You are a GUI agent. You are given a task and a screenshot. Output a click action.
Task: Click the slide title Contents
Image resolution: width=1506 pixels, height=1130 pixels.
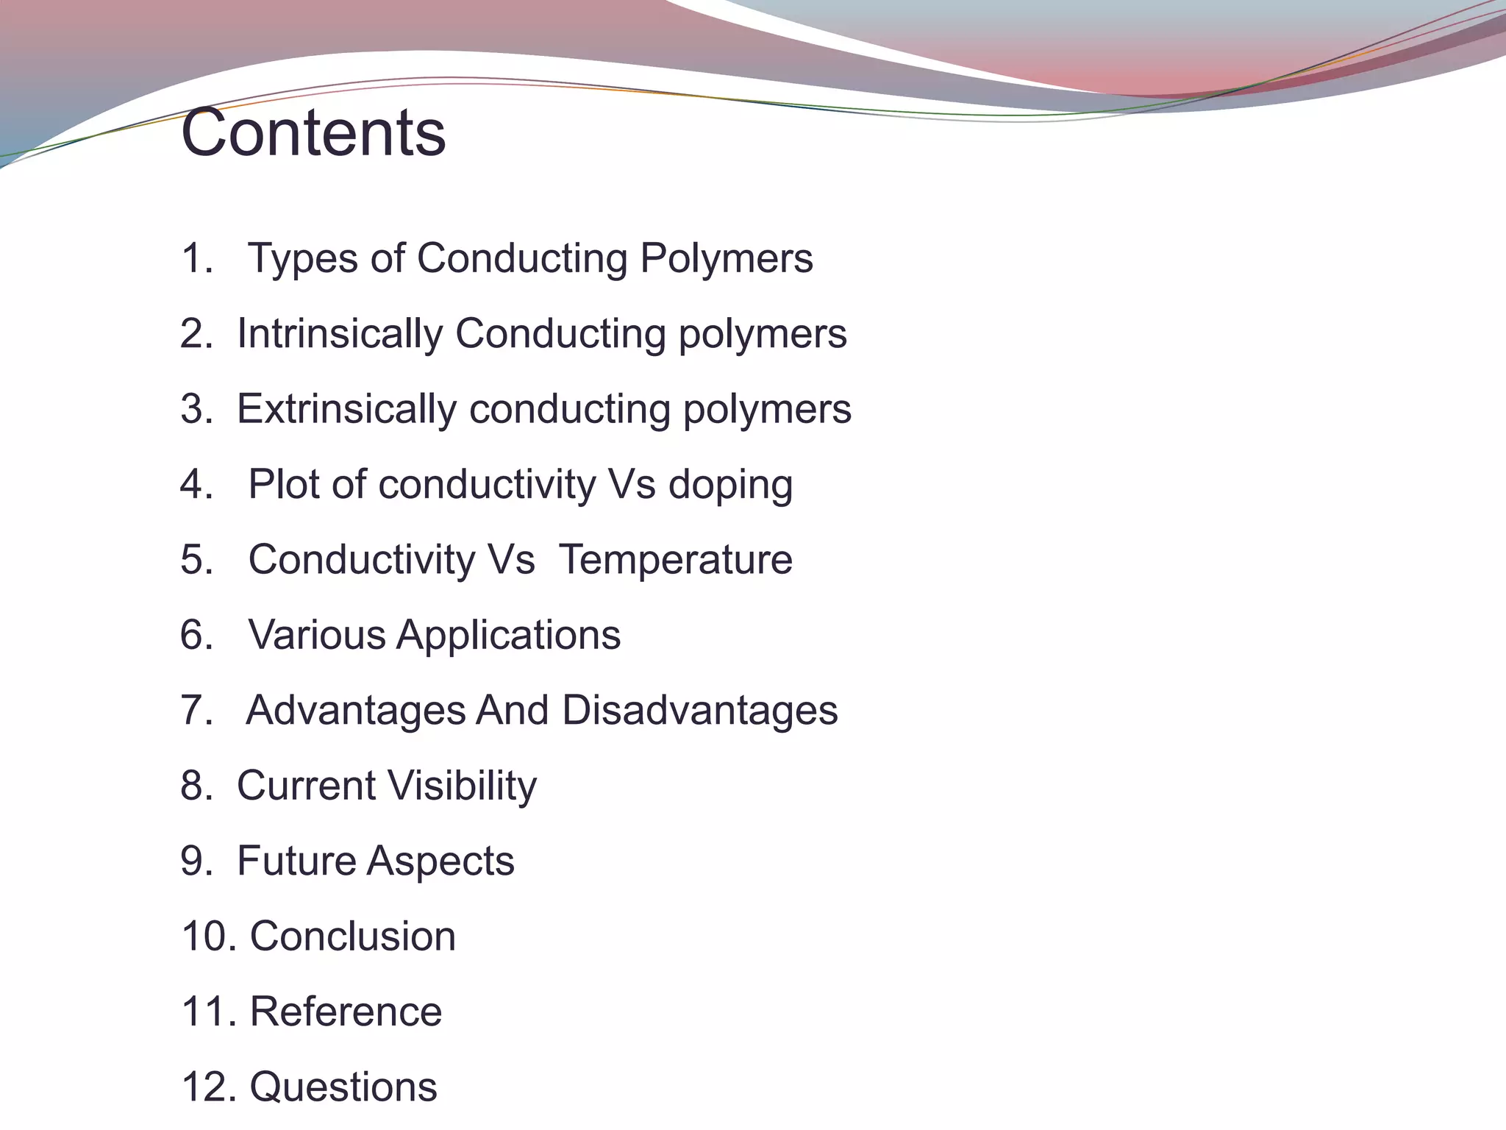click(x=313, y=133)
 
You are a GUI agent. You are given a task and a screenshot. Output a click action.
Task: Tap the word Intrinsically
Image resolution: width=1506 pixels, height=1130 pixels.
click(x=340, y=334)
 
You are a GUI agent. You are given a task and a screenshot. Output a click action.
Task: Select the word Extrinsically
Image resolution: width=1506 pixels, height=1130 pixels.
click(x=346, y=409)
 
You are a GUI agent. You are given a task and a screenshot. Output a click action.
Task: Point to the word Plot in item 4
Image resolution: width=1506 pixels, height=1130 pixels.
click(x=285, y=485)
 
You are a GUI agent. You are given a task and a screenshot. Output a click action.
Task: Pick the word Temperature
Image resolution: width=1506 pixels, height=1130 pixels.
click(x=676, y=560)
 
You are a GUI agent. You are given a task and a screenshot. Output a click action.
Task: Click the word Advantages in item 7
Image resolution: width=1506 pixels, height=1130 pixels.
click(x=356, y=711)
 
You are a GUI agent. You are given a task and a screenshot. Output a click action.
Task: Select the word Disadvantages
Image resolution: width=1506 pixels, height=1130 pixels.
click(x=699, y=711)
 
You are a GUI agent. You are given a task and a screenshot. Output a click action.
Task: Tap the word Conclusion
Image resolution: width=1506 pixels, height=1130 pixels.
click(x=353, y=937)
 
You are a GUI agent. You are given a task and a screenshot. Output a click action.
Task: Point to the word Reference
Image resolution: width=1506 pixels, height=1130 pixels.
click(x=346, y=1012)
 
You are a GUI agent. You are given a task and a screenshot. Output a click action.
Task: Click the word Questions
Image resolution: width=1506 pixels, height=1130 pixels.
click(x=343, y=1087)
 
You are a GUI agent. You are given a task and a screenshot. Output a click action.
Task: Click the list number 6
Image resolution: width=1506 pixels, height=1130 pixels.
click(x=193, y=635)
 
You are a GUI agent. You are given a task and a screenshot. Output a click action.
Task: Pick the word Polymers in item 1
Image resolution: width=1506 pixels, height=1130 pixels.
click(x=727, y=259)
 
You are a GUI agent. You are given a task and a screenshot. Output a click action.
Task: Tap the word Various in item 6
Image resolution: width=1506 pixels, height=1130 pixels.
click(x=316, y=635)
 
